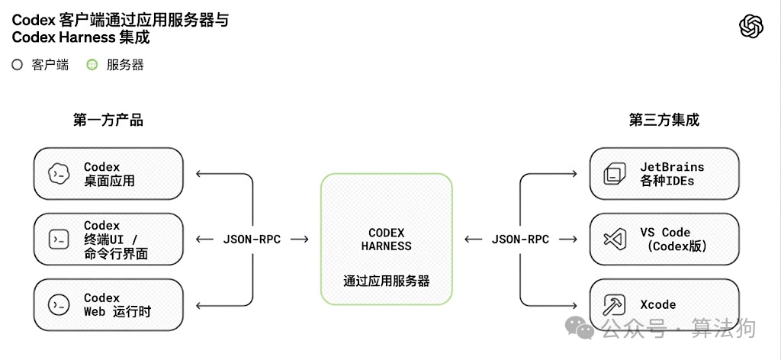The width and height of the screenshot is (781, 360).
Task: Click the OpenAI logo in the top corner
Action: click(751, 27)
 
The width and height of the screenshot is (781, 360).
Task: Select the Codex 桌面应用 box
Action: click(108, 174)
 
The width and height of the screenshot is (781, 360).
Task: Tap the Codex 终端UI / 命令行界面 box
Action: click(108, 239)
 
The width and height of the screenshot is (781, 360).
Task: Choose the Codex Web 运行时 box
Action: click(108, 305)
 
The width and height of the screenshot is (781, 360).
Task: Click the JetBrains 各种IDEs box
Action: click(664, 174)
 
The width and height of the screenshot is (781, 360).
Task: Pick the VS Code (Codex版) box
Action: click(664, 239)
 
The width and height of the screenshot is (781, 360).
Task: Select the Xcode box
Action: click(664, 305)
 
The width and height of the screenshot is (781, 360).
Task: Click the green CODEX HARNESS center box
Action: click(386, 239)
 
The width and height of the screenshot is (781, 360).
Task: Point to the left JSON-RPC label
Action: click(252, 239)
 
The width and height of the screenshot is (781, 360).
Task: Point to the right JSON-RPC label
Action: click(520, 239)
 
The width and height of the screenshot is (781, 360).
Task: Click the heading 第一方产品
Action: click(108, 120)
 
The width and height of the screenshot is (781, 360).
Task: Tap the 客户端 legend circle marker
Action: click(18, 66)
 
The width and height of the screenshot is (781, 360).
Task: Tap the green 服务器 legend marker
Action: click(92, 66)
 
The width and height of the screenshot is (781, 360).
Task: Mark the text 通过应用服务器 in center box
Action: click(386, 281)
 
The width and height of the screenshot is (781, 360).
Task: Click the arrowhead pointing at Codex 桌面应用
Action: click(200, 174)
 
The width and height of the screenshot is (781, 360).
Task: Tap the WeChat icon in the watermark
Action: click(584, 329)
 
